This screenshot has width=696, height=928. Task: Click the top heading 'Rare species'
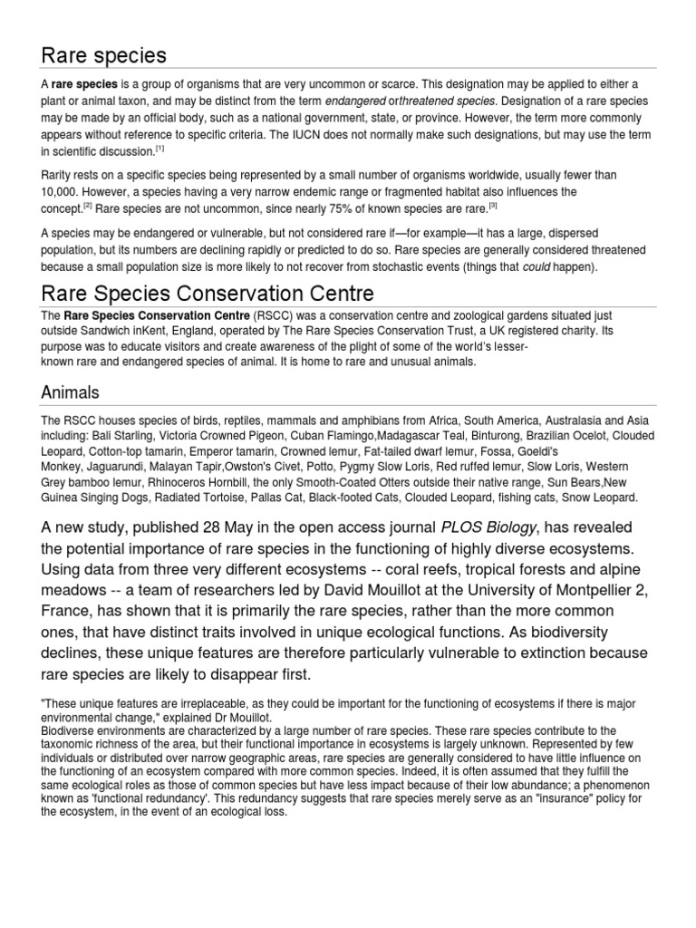tap(104, 55)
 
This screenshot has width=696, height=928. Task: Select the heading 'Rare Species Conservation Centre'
tap(207, 295)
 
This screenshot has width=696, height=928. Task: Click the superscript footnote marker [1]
tap(159, 148)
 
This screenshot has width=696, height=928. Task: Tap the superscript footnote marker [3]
tap(493, 206)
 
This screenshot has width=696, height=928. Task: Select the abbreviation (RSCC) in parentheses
tap(275, 315)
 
